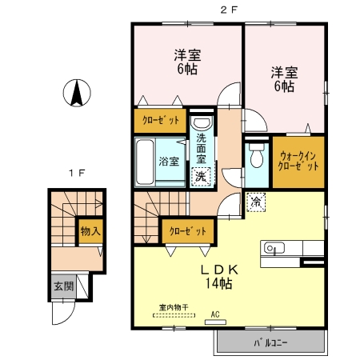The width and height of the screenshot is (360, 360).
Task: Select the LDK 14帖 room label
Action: point(216,276)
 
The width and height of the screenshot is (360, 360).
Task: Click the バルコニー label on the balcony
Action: point(270,342)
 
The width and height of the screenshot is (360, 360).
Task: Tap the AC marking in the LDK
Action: point(215,314)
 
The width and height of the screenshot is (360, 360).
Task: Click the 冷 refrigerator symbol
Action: point(256,202)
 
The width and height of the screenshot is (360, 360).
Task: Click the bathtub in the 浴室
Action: point(146,162)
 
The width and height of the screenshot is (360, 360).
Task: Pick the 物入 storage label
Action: point(89,232)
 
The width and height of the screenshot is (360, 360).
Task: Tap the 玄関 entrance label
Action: point(61,285)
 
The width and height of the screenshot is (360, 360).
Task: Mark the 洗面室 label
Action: point(202,148)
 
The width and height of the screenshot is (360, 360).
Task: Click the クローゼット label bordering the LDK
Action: point(186,230)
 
